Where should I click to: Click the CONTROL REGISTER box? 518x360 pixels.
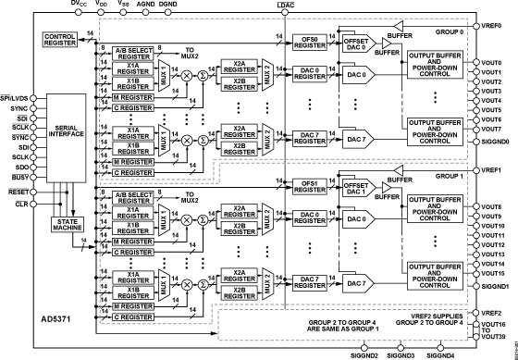[62, 37]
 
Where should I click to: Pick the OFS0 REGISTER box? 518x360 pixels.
[303, 42]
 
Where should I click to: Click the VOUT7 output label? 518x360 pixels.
[494, 130]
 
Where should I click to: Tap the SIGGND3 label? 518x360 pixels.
[400, 354]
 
